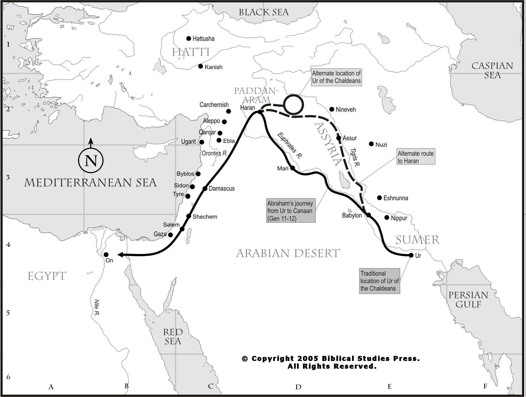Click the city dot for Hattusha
(189, 39)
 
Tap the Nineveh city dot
(332, 109)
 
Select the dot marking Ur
(411, 255)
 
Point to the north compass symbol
(91, 160)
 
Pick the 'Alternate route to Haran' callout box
(416, 157)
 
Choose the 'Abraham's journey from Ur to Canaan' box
(291, 211)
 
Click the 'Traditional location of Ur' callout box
(379, 281)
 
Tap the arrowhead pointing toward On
(120, 255)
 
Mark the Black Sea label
(264, 12)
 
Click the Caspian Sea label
(492, 70)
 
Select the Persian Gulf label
(468, 299)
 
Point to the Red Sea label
(173, 336)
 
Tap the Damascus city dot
(205, 189)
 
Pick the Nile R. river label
(97, 307)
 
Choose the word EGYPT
(47, 276)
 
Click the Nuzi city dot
(371, 144)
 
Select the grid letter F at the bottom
(485, 386)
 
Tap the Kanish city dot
(201, 66)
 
